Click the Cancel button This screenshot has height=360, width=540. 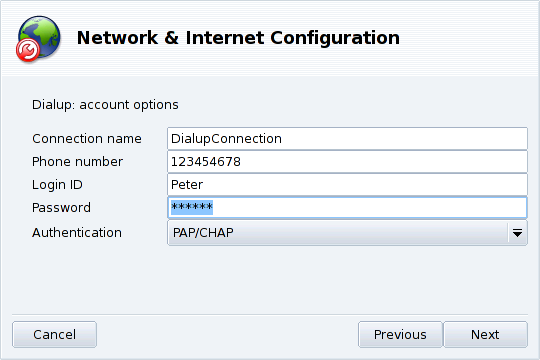coord(54,335)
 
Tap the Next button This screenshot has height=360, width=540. coord(485,335)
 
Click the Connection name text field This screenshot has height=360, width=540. coord(346,138)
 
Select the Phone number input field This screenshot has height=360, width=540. coord(346,161)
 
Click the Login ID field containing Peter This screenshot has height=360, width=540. coord(346,185)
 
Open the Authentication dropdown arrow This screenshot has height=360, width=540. coord(517,232)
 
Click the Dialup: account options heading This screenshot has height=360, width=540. coord(105,104)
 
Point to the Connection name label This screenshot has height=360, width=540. coord(87,138)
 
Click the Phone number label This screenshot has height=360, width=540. coord(78,161)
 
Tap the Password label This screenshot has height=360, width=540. coord(61,208)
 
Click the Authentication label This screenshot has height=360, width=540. coord(77,232)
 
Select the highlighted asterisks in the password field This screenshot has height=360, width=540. coord(193,208)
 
